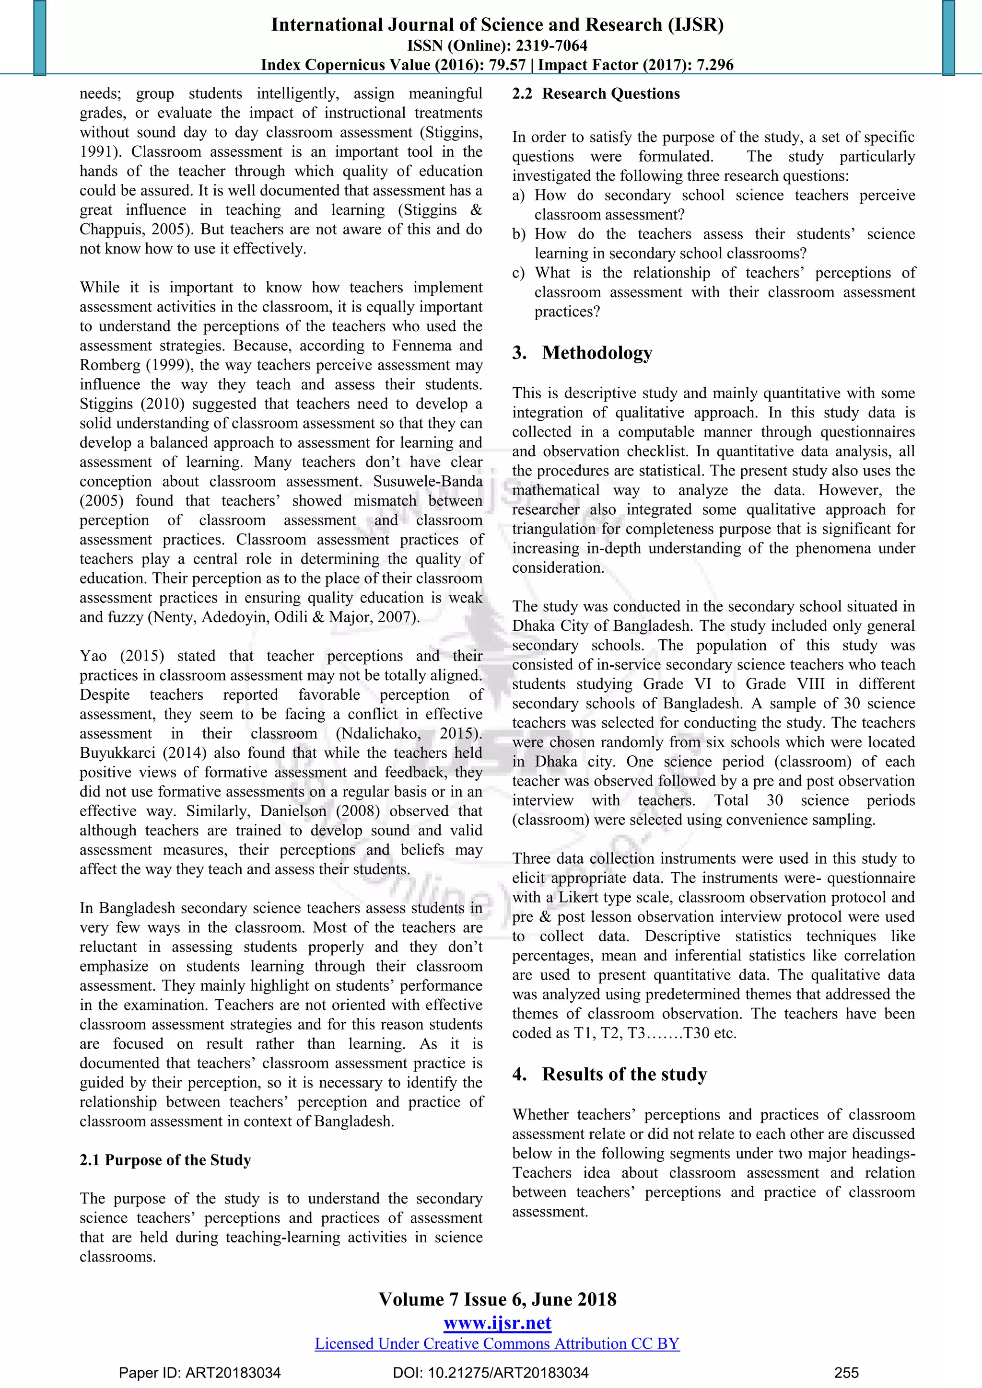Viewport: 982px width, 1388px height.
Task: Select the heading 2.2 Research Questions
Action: coord(596,94)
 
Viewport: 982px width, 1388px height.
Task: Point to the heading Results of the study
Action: coord(624,1074)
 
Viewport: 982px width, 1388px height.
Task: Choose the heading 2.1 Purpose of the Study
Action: coord(165,1160)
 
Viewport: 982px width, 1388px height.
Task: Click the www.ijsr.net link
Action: coord(497,1323)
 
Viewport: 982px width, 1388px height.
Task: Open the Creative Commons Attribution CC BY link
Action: coord(497,1343)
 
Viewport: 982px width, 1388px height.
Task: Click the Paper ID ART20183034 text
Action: coord(199,1372)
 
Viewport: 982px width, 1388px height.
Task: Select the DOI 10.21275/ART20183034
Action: coord(491,1372)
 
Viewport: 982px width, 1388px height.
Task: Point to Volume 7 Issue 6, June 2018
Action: coord(497,1299)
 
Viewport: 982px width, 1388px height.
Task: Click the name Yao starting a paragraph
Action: coord(93,656)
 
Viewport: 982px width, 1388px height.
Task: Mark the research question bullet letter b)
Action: coord(519,234)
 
